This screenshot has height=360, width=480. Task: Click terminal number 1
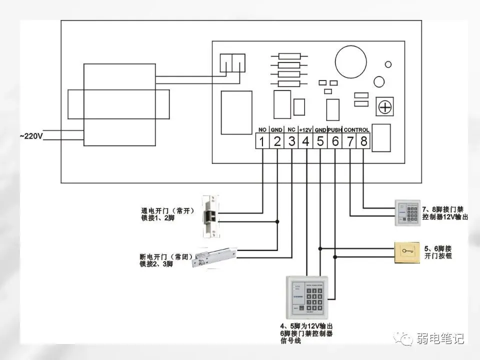coord(262,141)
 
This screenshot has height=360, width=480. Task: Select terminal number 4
coord(305,141)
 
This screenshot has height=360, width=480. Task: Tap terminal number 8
coord(364,141)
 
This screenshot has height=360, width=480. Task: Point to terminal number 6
coord(335,141)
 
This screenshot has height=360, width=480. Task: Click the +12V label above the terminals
coord(305,130)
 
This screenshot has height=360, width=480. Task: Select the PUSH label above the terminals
coord(334,130)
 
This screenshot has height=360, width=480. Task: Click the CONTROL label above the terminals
coord(357,130)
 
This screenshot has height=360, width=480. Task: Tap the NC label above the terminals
coord(291,130)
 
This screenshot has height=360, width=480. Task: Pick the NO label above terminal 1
coord(262,130)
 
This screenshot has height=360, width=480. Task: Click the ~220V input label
coord(31,135)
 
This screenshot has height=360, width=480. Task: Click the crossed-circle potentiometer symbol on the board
coord(385,106)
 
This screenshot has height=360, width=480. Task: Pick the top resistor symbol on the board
coord(288,57)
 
